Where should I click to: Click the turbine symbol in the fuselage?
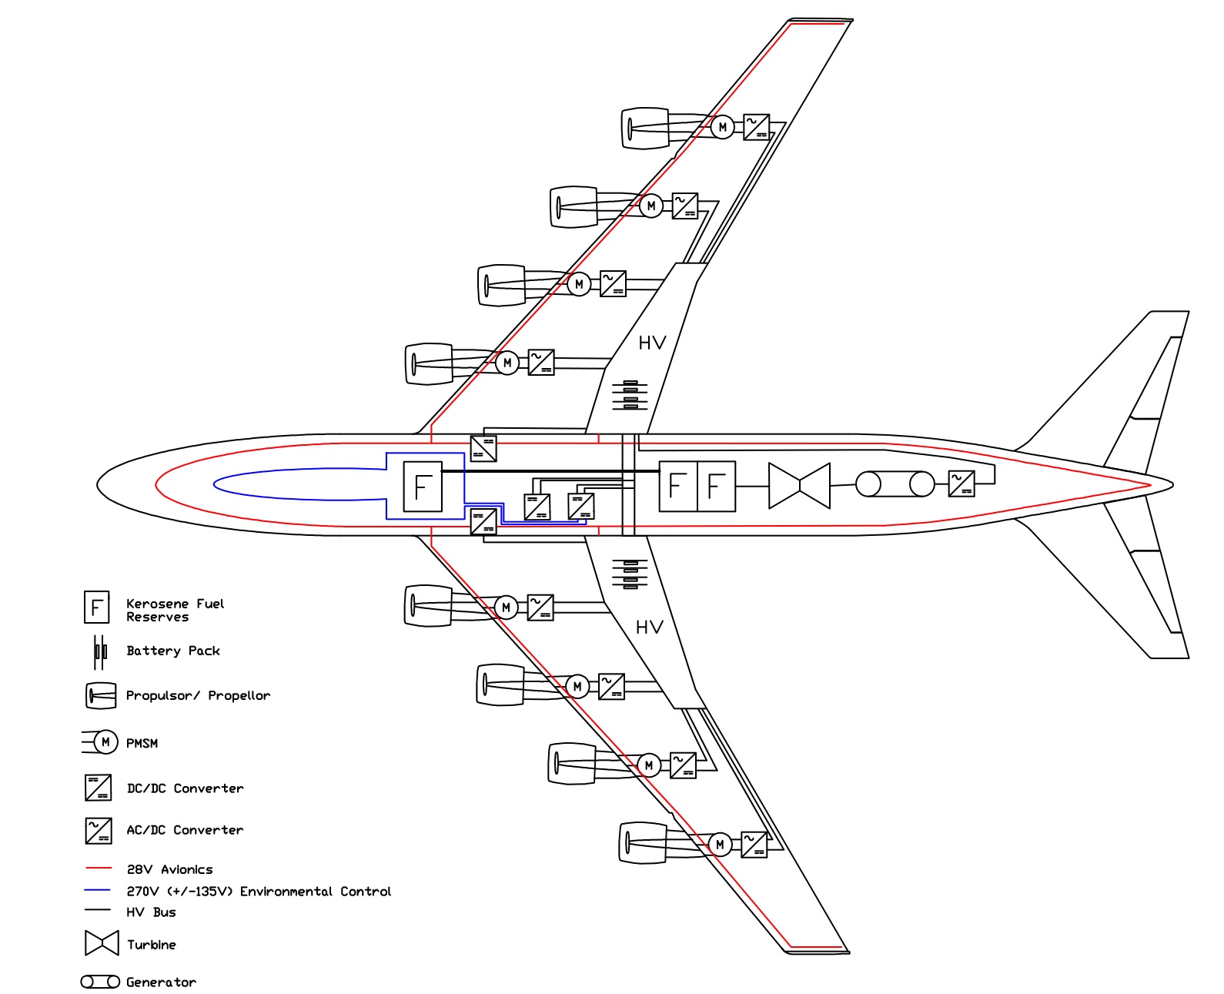[800, 486]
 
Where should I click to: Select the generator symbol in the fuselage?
[895, 484]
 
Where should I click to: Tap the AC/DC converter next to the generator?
[961, 484]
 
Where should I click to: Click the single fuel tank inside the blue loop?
[423, 487]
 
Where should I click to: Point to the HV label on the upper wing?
[652, 343]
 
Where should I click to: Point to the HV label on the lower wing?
[650, 628]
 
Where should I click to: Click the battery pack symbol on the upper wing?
[630, 395]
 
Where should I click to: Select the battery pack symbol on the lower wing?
[630, 574]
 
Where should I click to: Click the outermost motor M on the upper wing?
[722, 127]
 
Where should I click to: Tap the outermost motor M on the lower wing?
[720, 845]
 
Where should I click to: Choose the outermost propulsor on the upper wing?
[645, 128]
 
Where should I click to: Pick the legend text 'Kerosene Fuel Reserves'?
[176, 610]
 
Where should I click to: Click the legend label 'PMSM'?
[142, 744]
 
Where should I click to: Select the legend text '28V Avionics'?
[169, 870]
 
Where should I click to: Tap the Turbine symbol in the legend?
[102, 943]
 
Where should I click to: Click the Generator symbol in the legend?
[100, 982]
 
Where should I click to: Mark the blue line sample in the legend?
[99, 890]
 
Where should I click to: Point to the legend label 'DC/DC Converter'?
[185, 788]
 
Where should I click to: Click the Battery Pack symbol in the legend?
[99, 651]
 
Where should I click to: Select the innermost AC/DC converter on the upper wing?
[541, 362]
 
